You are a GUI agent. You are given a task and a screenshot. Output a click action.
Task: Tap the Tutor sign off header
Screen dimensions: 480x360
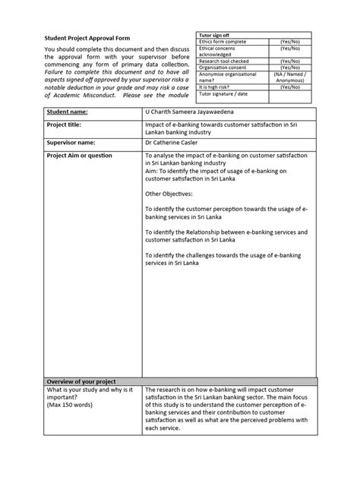point(215,35)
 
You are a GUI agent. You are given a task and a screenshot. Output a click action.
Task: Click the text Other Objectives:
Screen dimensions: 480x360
point(170,194)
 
